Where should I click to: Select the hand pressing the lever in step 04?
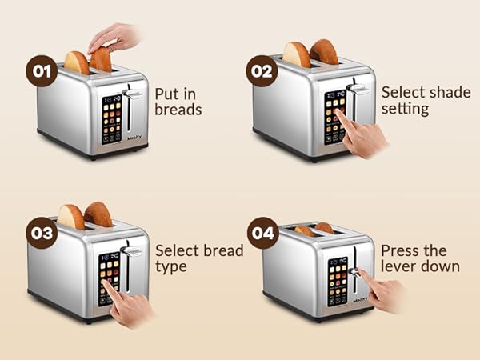coord(382,292)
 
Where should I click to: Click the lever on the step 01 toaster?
coord(136,95)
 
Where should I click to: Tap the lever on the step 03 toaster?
coord(136,252)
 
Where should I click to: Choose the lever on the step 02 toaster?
coord(361,90)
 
